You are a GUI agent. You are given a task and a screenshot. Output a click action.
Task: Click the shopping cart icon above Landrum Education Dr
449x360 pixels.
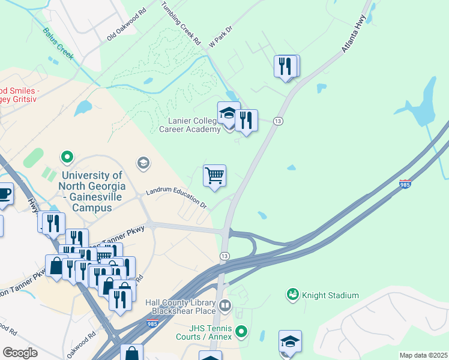214,176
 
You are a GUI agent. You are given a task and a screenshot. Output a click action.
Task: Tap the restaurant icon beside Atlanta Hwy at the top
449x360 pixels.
286,66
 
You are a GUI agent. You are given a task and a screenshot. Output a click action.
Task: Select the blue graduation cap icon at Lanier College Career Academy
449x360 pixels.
228,113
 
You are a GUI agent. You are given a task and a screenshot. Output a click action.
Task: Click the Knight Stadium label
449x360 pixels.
331,295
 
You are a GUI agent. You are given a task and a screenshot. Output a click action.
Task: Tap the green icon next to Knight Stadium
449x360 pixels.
293,295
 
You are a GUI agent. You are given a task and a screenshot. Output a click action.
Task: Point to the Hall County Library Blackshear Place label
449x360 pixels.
180,307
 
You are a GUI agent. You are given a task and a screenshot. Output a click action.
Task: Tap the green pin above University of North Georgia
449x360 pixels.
67,157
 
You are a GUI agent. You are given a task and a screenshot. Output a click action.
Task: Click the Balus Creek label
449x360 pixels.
58,44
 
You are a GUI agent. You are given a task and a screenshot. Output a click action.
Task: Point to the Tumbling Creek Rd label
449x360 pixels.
181,24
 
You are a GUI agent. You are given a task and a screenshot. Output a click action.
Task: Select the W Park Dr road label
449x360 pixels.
220,41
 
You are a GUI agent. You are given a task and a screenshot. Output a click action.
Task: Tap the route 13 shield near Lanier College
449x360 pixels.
278,121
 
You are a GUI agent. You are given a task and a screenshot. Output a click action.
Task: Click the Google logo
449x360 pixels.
20,353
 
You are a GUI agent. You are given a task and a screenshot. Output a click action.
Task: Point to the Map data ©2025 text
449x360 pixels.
423,355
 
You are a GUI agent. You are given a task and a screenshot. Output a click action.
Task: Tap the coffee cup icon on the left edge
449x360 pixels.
4,193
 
